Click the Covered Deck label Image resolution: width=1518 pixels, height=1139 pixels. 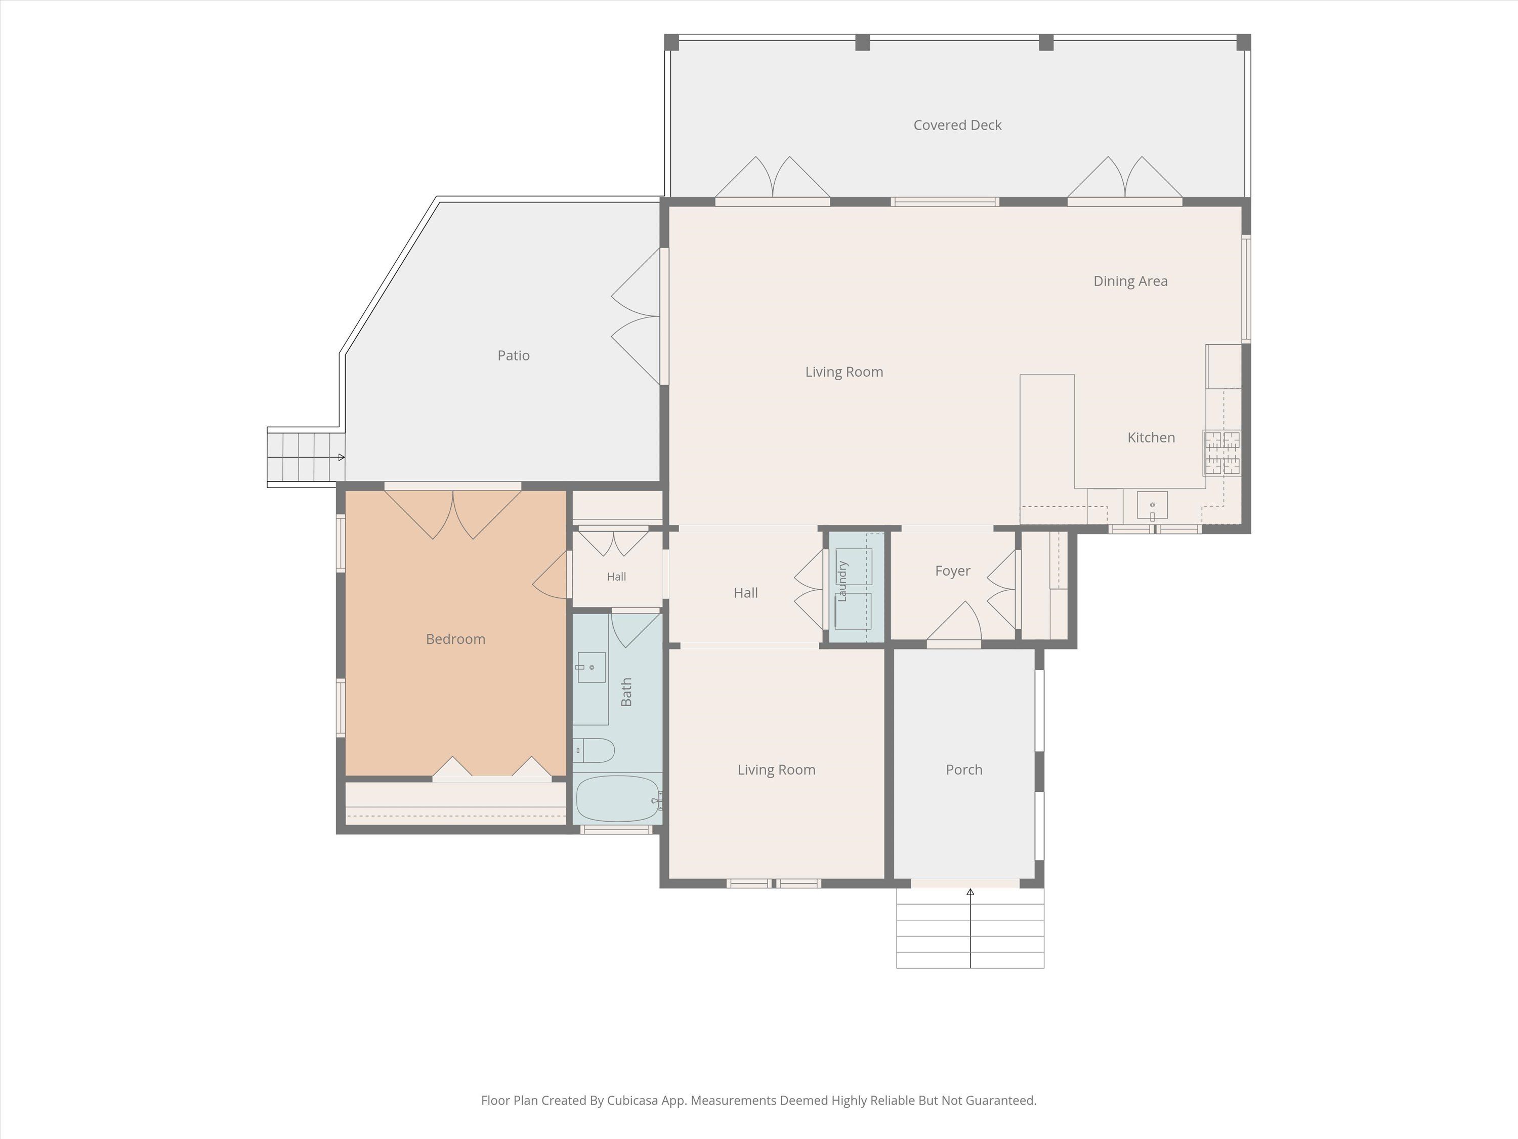tap(957, 125)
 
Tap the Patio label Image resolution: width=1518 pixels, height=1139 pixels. tap(513, 356)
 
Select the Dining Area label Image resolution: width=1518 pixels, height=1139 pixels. tap(1130, 281)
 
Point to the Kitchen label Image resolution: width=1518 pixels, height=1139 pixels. tap(1151, 437)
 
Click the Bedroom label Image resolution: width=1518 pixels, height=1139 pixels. tap(456, 639)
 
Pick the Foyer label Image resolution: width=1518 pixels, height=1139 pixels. tap(952, 571)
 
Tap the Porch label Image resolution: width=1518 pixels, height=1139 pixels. tap(964, 769)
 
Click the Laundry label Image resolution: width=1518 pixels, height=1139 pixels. tap(842, 581)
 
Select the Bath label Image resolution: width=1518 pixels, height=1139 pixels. tap(626, 692)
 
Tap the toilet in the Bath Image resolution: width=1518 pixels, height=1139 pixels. tap(593, 750)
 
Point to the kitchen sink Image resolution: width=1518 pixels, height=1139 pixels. tap(1152, 505)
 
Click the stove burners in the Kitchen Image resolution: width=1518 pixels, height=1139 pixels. tap(1222, 453)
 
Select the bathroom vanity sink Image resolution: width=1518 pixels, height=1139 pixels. tap(592, 667)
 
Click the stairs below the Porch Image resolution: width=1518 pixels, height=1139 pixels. tap(971, 928)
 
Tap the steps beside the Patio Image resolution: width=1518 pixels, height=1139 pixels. tap(306, 457)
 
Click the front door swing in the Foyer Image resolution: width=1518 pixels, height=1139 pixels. tap(955, 622)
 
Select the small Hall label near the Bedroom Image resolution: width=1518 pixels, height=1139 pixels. tap(616, 577)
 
